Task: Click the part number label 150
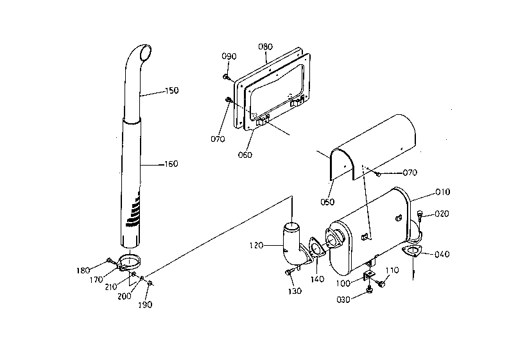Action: point(172,90)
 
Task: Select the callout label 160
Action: point(171,164)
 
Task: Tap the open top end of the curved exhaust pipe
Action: point(146,53)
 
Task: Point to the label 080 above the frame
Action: point(265,47)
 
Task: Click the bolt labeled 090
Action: point(225,76)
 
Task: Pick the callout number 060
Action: point(245,155)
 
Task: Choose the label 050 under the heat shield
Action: point(327,202)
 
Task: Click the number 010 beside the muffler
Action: point(443,192)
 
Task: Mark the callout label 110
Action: point(392,270)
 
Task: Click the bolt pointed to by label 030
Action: point(369,290)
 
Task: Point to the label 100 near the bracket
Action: point(343,284)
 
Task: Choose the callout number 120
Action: point(256,245)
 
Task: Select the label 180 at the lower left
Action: point(83,270)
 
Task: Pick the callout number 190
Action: point(145,304)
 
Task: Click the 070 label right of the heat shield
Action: point(410,173)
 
